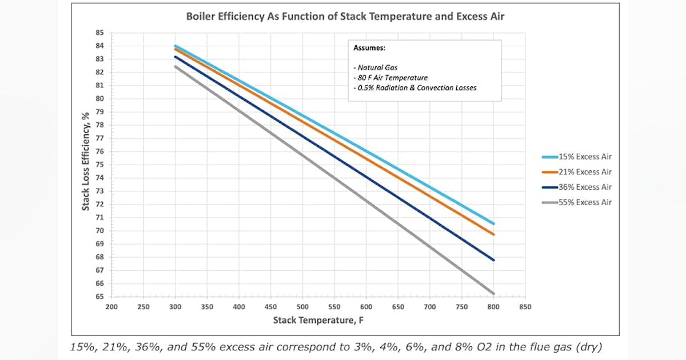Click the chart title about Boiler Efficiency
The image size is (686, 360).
point(345,17)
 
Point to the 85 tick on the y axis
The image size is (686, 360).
point(99,33)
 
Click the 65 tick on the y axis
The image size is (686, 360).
point(99,297)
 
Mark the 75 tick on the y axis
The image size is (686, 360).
point(99,165)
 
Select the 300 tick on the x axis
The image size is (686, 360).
point(176,307)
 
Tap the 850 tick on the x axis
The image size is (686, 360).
point(525,307)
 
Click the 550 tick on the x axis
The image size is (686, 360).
point(334,307)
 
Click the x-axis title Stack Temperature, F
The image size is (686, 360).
point(318,320)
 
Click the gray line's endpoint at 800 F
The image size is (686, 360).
point(493,293)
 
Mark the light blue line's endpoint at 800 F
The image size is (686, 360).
point(493,223)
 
